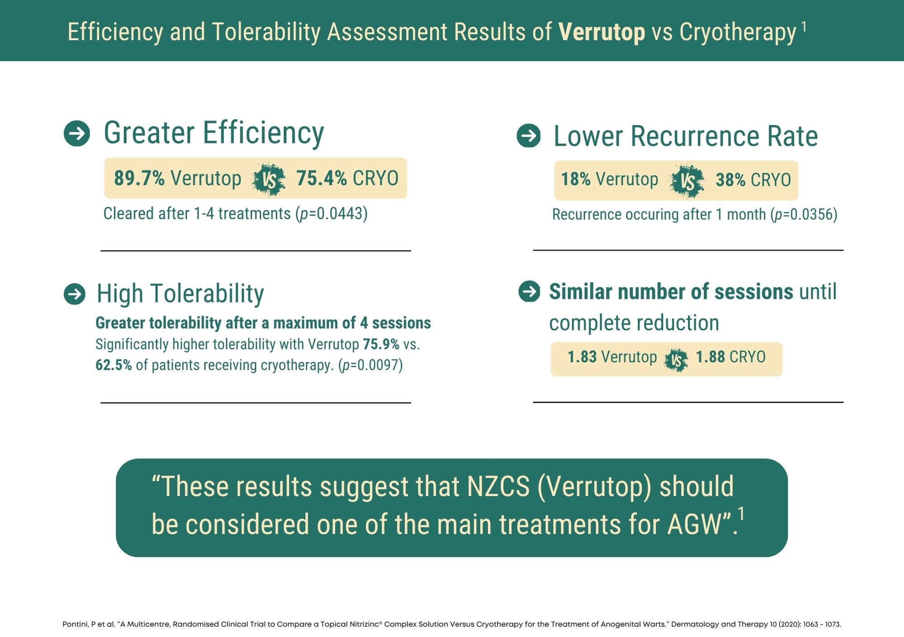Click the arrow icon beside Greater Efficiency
click(x=77, y=133)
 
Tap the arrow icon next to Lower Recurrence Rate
click(x=528, y=136)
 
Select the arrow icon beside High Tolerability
click(x=75, y=294)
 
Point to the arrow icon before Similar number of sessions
click(x=529, y=291)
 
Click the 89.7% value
click(x=139, y=178)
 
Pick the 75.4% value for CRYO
click(x=321, y=178)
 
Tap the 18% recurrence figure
click(x=575, y=179)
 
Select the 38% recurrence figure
click(x=730, y=180)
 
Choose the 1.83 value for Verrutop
click(x=582, y=357)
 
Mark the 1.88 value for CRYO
click(x=710, y=357)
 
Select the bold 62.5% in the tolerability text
click(x=113, y=365)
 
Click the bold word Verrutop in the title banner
click(x=601, y=32)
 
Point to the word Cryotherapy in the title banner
click(x=737, y=32)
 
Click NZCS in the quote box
click(x=498, y=487)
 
